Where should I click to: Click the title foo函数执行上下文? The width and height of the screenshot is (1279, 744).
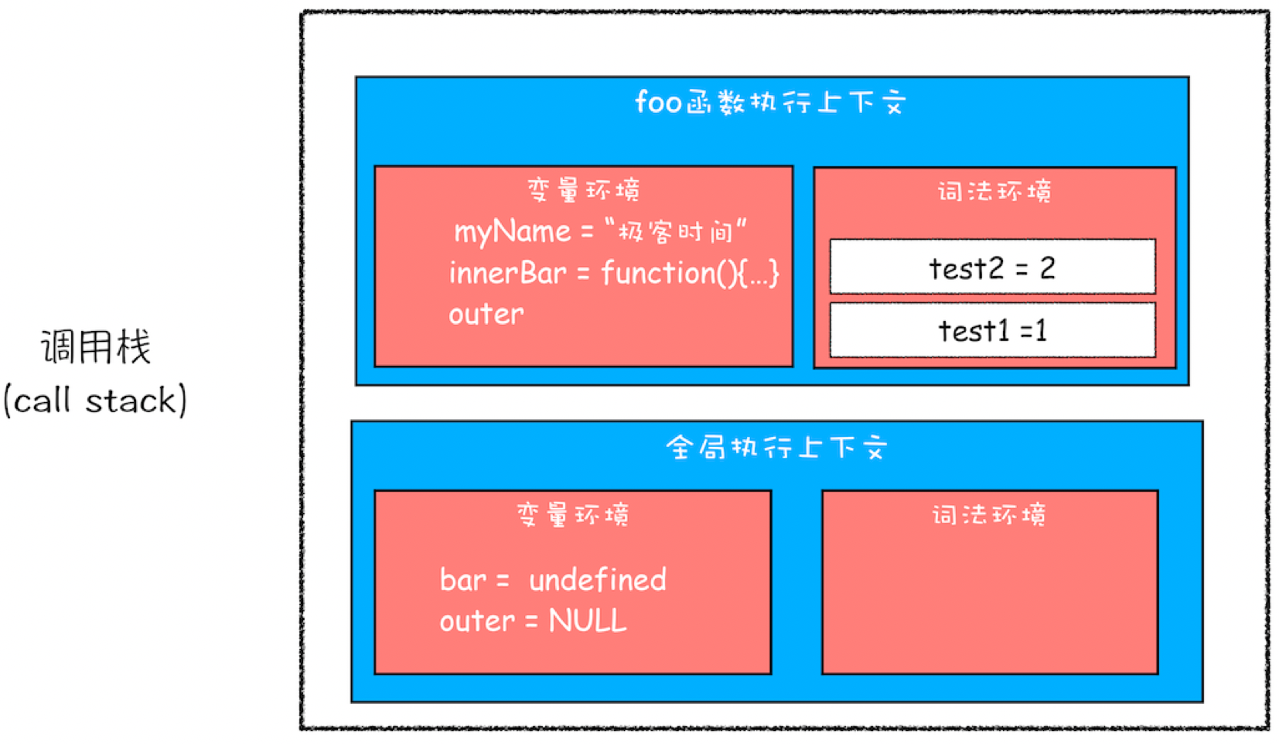click(x=770, y=103)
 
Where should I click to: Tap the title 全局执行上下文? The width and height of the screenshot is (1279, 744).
click(x=776, y=447)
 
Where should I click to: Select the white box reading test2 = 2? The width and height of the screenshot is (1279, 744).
click(x=992, y=267)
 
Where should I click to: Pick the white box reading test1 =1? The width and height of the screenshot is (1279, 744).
click(x=992, y=330)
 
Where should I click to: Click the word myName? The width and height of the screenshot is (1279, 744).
click(x=512, y=232)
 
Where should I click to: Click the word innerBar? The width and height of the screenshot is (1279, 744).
click(x=507, y=272)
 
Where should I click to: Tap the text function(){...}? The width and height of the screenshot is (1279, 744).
click(x=691, y=273)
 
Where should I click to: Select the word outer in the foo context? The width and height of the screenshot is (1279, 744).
click(x=486, y=314)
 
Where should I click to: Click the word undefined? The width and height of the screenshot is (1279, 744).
click(x=597, y=580)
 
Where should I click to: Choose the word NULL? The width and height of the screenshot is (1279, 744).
click(x=588, y=621)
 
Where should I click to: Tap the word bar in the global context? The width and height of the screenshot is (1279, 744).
click(x=462, y=580)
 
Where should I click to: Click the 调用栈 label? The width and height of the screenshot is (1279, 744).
click(x=95, y=346)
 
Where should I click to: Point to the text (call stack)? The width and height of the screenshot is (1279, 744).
click(x=95, y=400)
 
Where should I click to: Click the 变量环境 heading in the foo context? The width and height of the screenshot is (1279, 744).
click(x=584, y=190)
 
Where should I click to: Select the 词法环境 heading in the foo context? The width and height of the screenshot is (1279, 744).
click(x=994, y=191)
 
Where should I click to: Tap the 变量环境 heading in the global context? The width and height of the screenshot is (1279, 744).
click(x=573, y=514)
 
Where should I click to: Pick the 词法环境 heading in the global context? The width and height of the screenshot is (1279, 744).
click(x=989, y=514)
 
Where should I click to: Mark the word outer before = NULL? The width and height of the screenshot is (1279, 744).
click(x=477, y=621)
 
